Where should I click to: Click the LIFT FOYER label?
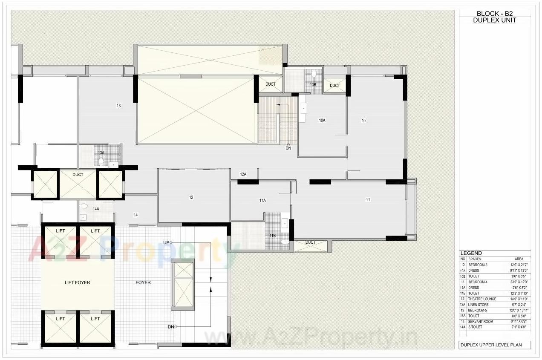click(77, 282)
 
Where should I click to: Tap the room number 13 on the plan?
click(118, 106)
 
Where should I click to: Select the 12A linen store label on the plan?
click(243, 174)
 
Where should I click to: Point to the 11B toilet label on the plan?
click(272, 235)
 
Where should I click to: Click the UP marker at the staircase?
click(167, 242)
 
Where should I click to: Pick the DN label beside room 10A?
click(288, 148)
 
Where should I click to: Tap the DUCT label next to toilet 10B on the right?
click(335, 86)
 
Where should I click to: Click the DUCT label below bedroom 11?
click(311, 242)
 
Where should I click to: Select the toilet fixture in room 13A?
click(101, 161)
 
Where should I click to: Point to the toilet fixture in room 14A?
click(84, 207)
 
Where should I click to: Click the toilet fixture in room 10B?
click(314, 74)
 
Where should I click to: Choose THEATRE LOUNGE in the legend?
click(482, 299)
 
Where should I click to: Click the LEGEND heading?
click(471, 253)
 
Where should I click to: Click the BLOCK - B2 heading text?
click(495, 14)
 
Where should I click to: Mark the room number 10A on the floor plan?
click(322, 121)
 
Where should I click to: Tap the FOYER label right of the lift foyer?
click(143, 282)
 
